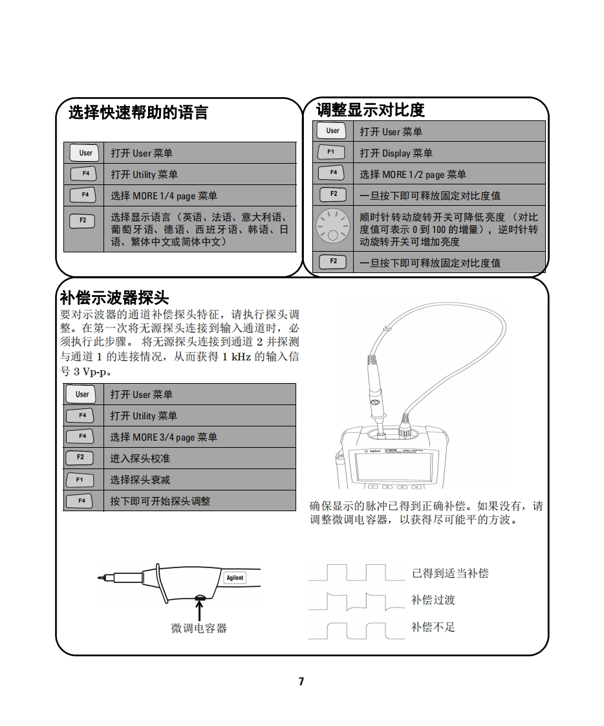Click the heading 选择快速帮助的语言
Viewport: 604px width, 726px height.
coord(138,113)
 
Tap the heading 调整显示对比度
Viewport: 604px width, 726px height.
coord(370,109)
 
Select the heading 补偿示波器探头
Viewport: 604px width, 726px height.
coord(114,297)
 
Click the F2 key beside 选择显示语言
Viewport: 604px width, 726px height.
coord(83,221)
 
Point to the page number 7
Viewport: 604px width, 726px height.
coord(301,681)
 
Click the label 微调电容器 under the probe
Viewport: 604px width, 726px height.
coord(199,628)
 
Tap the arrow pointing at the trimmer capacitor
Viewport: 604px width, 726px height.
coord(199,610)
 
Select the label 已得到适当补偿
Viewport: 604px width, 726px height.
coord(450,573)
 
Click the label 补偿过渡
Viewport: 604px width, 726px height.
coord(433,600)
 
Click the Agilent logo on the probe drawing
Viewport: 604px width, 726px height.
coord(235,578)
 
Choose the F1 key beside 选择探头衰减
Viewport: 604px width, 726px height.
coord(80,479)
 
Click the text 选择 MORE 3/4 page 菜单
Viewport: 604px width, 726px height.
coord(164,437)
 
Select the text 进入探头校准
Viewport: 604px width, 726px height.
coord(140,458)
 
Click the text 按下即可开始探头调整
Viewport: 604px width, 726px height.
coord(160,501)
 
